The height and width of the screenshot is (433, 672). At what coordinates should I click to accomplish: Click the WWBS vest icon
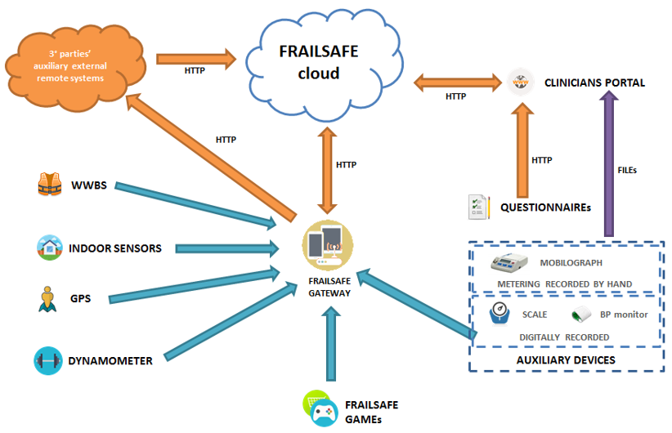(49, 185)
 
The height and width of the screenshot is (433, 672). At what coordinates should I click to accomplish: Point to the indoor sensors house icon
(49, 247)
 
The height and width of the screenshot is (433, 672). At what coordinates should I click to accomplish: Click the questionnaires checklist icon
(478, 208)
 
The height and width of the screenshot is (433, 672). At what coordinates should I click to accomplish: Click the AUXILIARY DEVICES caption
(565, 360)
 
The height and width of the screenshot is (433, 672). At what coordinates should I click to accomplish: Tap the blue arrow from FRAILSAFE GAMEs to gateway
(330, 343)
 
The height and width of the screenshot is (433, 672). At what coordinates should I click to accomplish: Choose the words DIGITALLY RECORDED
(564, 337)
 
